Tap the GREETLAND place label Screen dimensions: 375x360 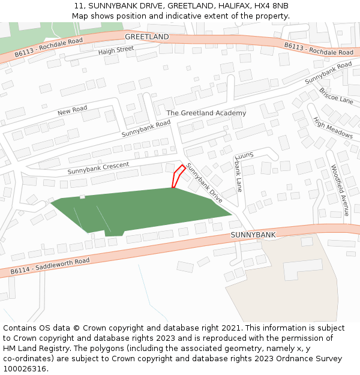pos(147,37)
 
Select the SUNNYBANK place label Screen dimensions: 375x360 pos(253,235)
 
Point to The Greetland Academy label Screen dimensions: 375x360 pos(206,113)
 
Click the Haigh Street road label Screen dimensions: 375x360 pos(116,50)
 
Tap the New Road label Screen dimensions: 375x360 pos(72,110)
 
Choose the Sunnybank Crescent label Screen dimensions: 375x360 pos(98,168)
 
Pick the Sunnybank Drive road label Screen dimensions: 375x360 pos(204,182)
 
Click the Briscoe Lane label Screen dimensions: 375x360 pos(336,95)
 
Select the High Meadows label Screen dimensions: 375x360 pos(332,127)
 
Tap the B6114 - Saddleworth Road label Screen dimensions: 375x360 pos(50,266)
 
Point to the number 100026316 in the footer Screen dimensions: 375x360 pos(26,368)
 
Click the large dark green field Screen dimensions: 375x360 pos(144,210)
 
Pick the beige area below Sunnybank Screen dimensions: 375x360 pos(294,282)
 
